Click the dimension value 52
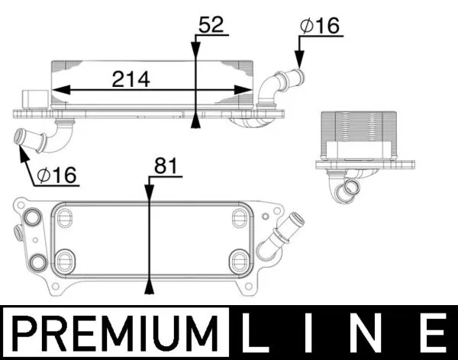[210, 24]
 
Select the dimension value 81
[166, 166]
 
